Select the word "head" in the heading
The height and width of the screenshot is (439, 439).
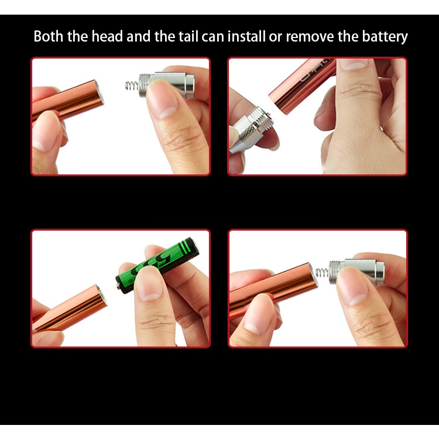coord(107,36)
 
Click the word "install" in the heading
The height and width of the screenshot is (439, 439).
coord(246,36)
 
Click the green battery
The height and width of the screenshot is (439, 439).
coord(157,265)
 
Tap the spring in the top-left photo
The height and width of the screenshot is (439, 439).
coord(132,85)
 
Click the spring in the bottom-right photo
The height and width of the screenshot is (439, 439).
coord(323,272)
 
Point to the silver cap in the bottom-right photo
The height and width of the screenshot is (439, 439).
coord(357,271)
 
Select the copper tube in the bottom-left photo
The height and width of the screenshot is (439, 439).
coord(70,308)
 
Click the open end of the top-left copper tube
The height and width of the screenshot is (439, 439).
coord(98,92)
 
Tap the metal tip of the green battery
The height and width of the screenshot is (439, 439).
coord(118,286)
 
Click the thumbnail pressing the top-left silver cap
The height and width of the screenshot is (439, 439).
coord(162,97)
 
